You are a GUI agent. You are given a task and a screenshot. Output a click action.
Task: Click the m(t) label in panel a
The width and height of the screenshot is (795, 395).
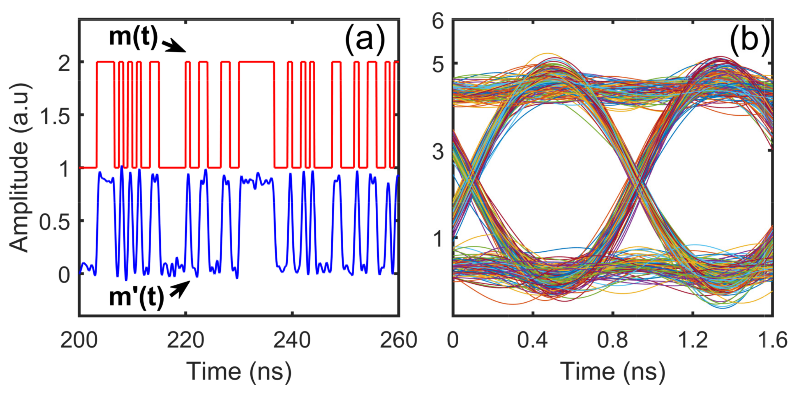[x=133, y=37]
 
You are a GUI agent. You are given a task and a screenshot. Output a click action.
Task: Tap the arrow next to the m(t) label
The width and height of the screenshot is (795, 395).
[x=174, y=46]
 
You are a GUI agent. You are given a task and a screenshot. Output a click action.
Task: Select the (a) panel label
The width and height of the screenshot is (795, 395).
[x=365, y=40]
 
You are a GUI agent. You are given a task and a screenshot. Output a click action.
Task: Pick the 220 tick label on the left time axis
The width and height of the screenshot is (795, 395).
[x=185, y=341]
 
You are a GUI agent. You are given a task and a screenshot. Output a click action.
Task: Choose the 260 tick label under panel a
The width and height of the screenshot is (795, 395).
[x=398, y=341]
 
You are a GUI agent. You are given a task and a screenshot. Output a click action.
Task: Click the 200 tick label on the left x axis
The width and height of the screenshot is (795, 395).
[x=79, y=341]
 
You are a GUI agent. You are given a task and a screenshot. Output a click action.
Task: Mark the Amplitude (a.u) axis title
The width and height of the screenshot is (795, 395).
[x=19, y=168]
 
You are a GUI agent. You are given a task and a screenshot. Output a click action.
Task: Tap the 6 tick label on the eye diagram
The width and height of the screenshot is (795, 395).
[x=438, y=22]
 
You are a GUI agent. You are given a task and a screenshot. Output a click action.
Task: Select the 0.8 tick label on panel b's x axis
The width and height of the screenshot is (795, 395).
[x=612, y=341]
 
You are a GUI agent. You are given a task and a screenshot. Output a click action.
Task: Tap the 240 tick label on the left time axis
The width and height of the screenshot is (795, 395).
[x=292, y=341]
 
